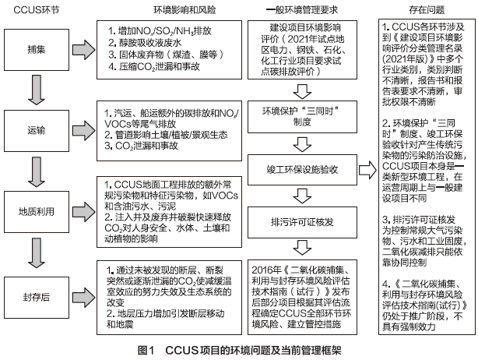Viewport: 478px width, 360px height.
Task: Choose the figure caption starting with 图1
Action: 238,351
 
